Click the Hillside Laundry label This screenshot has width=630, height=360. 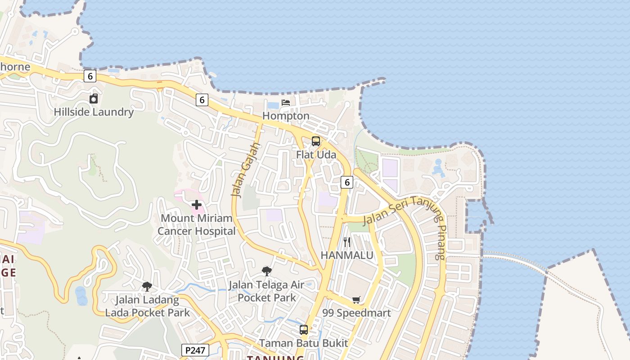(94, 112)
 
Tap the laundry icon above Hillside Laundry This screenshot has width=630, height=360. (94, 99)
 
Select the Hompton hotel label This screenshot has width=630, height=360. (286, 116)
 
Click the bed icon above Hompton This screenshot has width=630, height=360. (286, 103)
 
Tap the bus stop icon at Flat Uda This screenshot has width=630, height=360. (316, 141)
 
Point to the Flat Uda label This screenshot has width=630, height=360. (316, 154)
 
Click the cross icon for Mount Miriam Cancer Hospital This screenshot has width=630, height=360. (197, 205)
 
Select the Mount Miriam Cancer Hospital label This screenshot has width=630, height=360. (197, 225)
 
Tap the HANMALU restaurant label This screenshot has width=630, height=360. (347, 255)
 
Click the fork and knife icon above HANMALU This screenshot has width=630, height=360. (347, 242)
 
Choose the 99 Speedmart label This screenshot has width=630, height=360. (357, 313)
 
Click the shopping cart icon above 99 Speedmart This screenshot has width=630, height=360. (356, 300)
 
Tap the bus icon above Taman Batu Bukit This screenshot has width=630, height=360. (304, 330)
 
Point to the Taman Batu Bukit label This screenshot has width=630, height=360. (304, 343)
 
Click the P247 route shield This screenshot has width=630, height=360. (195, 350)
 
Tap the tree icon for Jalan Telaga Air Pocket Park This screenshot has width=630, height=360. (267, 271)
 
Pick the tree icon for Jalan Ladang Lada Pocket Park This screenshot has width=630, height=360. (147, 286)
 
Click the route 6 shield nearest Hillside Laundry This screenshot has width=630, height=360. (90, 76)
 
